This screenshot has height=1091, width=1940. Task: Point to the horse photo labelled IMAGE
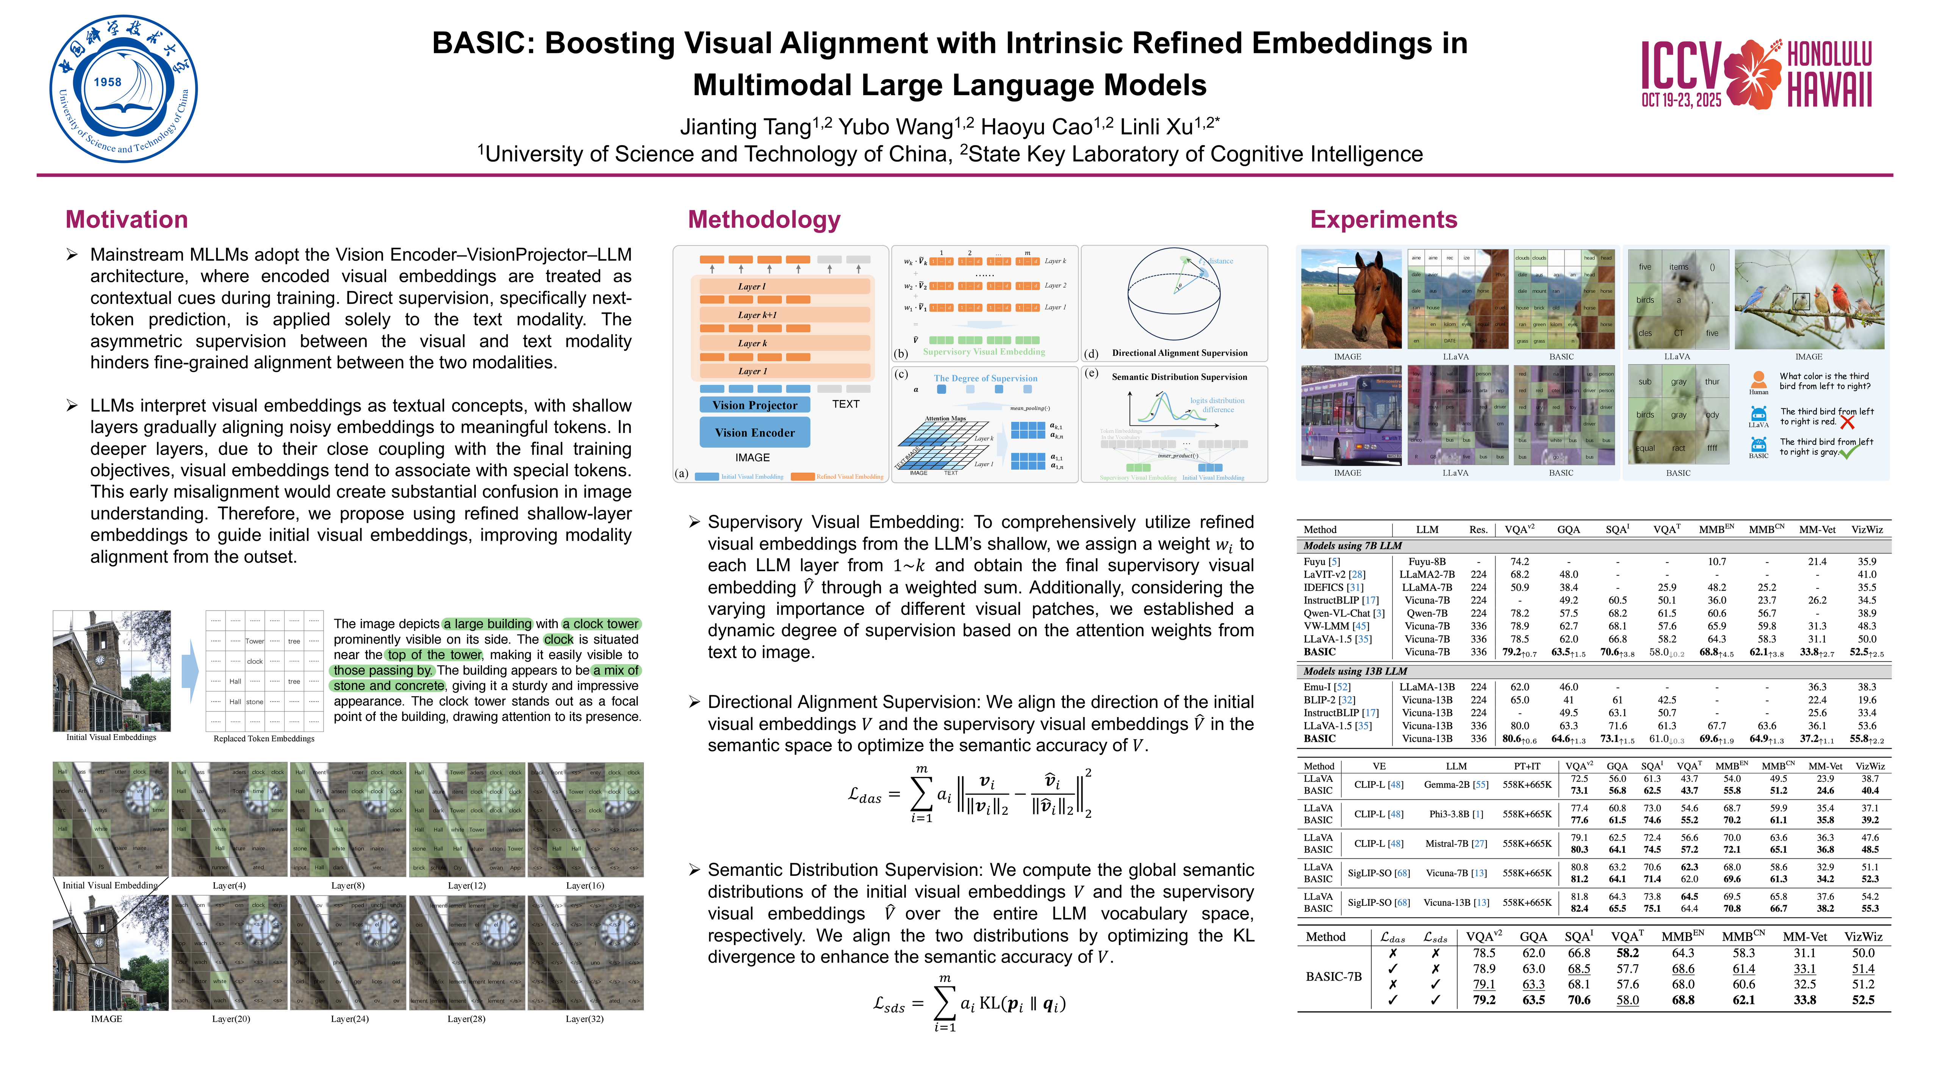(1351, 299)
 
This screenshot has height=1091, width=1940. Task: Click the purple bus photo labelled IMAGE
(1351, 416)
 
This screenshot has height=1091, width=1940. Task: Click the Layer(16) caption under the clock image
(584, 885)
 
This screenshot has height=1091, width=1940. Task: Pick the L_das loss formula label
(865, 795)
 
